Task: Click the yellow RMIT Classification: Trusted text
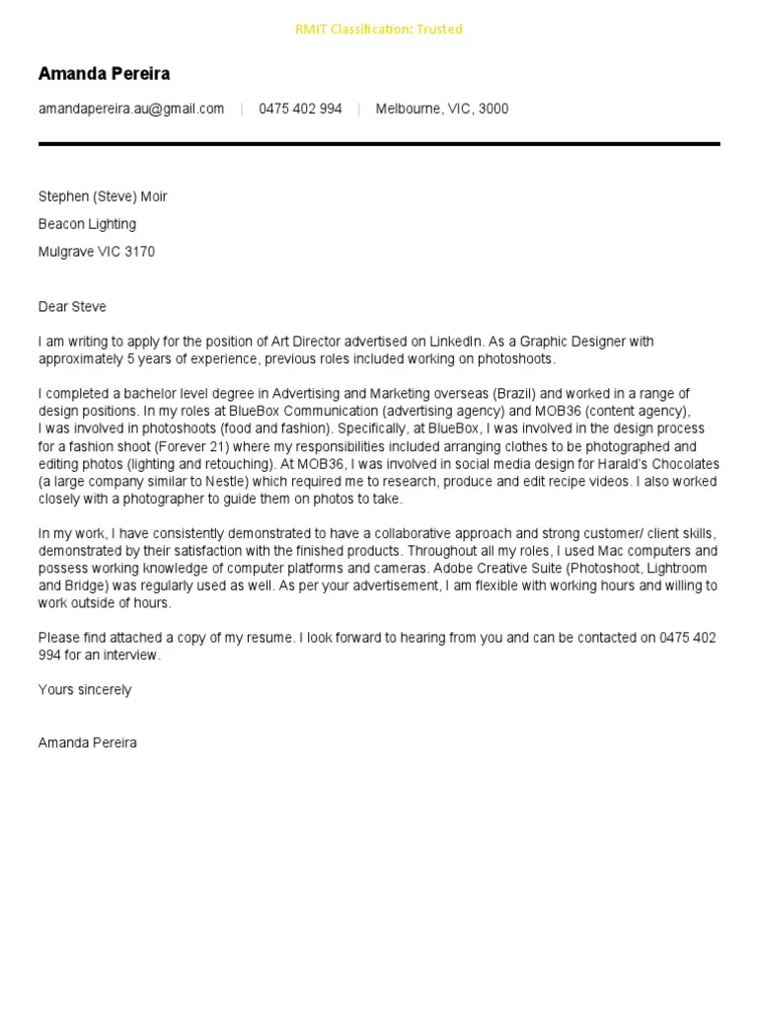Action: (x=378, y=30)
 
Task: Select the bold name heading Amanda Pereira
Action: (x=104, y=74)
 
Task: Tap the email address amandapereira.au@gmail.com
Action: (x=131, y=109)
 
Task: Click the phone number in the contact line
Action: (x=300, y=109)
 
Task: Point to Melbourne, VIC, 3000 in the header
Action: (x=442, y=109)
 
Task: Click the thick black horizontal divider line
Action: (x=379, y=144)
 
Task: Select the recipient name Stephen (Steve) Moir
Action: (x=103, y=196)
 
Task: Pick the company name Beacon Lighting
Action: (x=87, y=224)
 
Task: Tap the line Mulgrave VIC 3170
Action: (x=96, y=252)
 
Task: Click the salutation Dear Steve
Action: (x=72, y=307)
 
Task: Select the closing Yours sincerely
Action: (x=85, y=690)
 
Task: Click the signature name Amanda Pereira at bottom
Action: (x=88, y=742)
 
